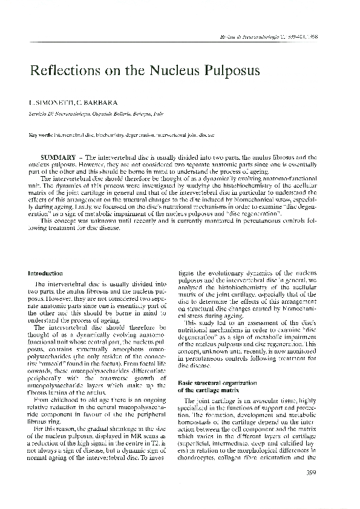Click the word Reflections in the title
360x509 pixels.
point(62,71)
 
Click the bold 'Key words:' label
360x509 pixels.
point(42,136)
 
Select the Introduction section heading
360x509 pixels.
point(45,274)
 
